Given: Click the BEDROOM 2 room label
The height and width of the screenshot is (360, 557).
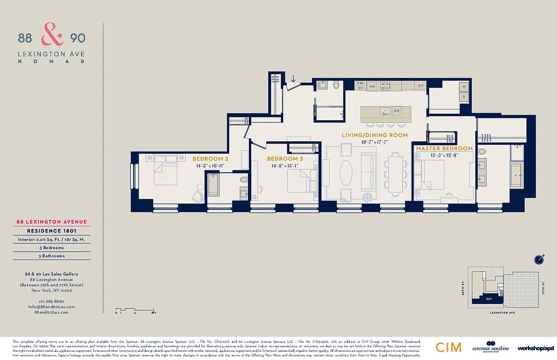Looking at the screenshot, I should click(x=210, y=159).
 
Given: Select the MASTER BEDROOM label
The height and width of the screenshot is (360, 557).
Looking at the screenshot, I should click(x=444, y=148).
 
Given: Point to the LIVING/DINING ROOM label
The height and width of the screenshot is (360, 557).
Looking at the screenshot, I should click(x=375, y=135).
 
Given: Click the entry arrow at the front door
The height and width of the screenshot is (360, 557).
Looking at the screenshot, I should click(x=294, y=79).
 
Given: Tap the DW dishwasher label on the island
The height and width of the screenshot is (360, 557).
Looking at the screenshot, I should click(x=397, y=110).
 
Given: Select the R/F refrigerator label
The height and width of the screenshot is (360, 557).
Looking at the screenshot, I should click(x=421, y=85).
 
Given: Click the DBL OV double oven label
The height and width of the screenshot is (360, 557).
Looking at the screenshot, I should click(x=360, y=85).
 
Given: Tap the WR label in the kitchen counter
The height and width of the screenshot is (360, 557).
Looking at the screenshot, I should click(x=372, y=85).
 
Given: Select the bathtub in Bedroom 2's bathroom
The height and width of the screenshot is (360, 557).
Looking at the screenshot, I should click(x=213, y=185).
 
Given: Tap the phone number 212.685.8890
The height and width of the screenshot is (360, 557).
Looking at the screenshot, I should click(x=51, y=301).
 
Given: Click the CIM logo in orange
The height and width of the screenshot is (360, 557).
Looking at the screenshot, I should click(x=448, y=347).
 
